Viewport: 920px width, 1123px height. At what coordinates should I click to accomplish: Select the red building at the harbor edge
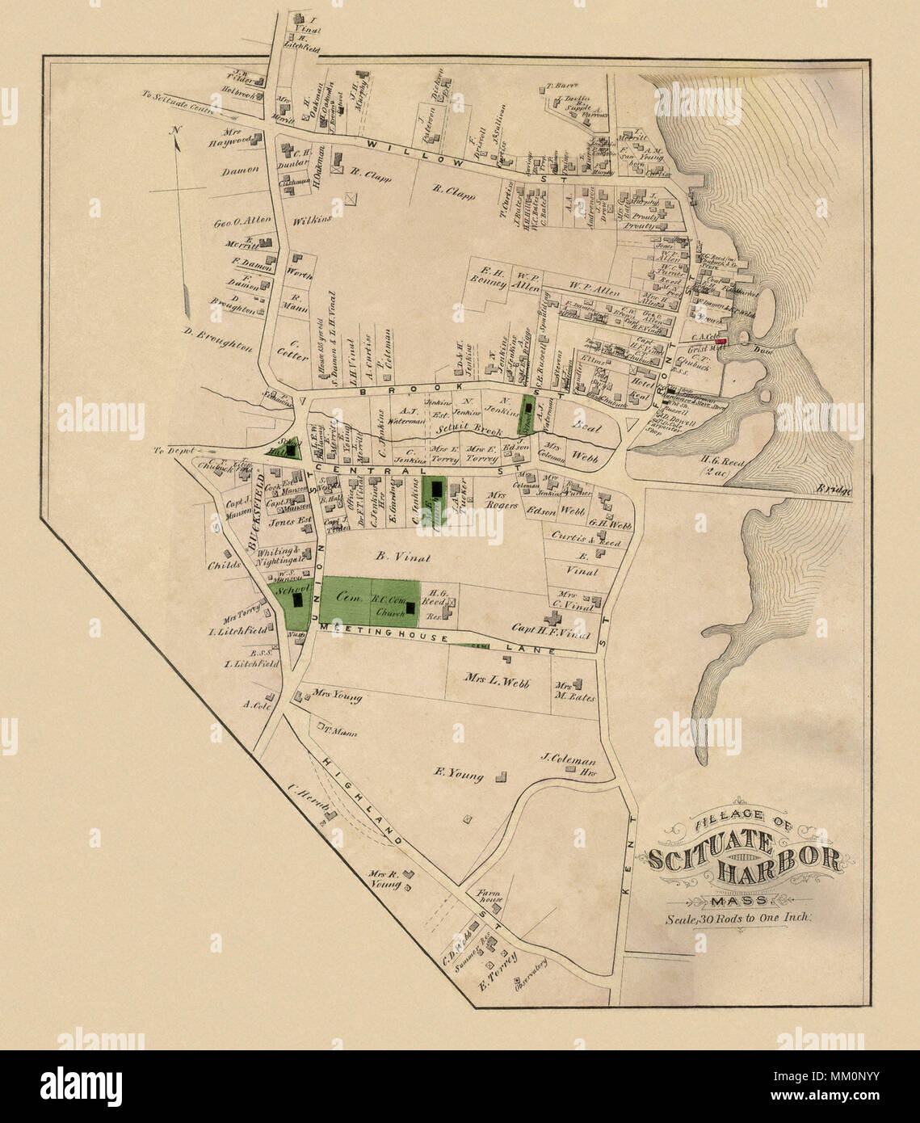[721, 342]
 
